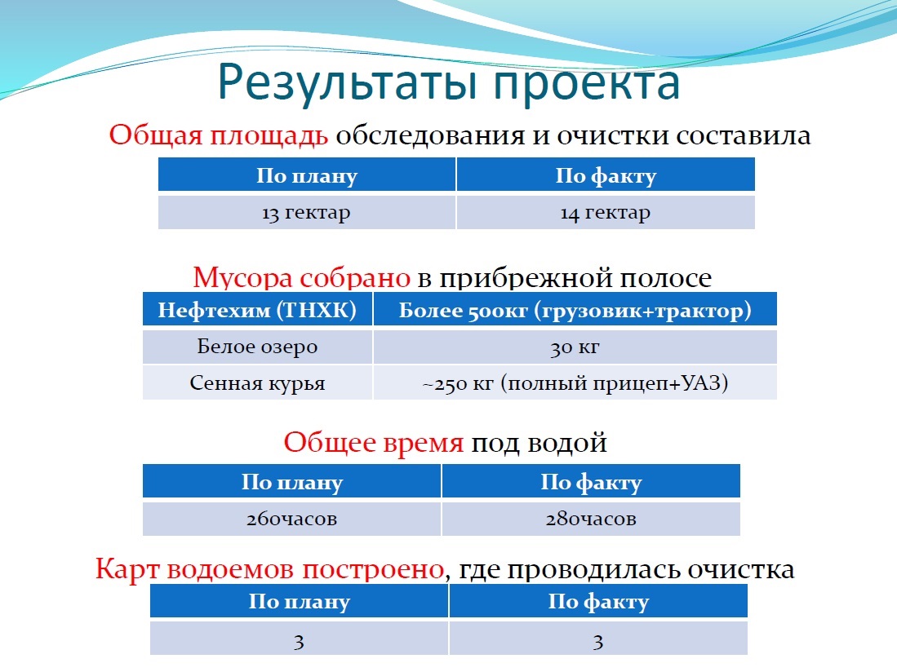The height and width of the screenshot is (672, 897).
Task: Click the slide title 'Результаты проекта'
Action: tap(449, 83)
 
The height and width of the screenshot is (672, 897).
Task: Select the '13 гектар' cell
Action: tap(307, 213)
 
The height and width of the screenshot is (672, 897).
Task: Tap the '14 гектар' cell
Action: tap(606, 213)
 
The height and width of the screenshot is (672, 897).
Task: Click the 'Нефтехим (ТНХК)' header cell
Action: tap(257, 310)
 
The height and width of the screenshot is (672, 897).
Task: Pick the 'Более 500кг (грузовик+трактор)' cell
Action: tap(575, 310)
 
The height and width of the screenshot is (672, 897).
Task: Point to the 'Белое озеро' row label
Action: tap(257, 347)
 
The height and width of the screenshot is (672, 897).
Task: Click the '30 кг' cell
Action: tap(575, 347)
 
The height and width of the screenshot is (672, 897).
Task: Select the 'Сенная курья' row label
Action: tap(257, 382)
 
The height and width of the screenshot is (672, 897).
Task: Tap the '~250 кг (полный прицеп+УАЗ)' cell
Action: tap(575, 382)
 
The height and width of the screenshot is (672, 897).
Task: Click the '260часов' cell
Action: tap(291, 519)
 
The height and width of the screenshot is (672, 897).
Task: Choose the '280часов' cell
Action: tap(591, 519)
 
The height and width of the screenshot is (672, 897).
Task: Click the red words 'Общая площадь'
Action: tap(219, 135)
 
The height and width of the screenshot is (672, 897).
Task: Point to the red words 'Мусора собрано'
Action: tap(301, 278)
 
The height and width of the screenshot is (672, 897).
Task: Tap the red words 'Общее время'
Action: tap(374, 443)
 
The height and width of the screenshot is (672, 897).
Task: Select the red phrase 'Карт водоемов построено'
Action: tap(270, 569)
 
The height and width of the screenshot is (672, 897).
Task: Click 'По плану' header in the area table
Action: tap(307, 175)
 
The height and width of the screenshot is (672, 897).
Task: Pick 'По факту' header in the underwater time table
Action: tap(591, 482)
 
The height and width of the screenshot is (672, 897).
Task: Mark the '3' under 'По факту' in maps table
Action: tap(598, 642)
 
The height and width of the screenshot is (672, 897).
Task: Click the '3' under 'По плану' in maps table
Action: tap(300, 642)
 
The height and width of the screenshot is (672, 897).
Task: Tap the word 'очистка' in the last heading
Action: tap(741, 569)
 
